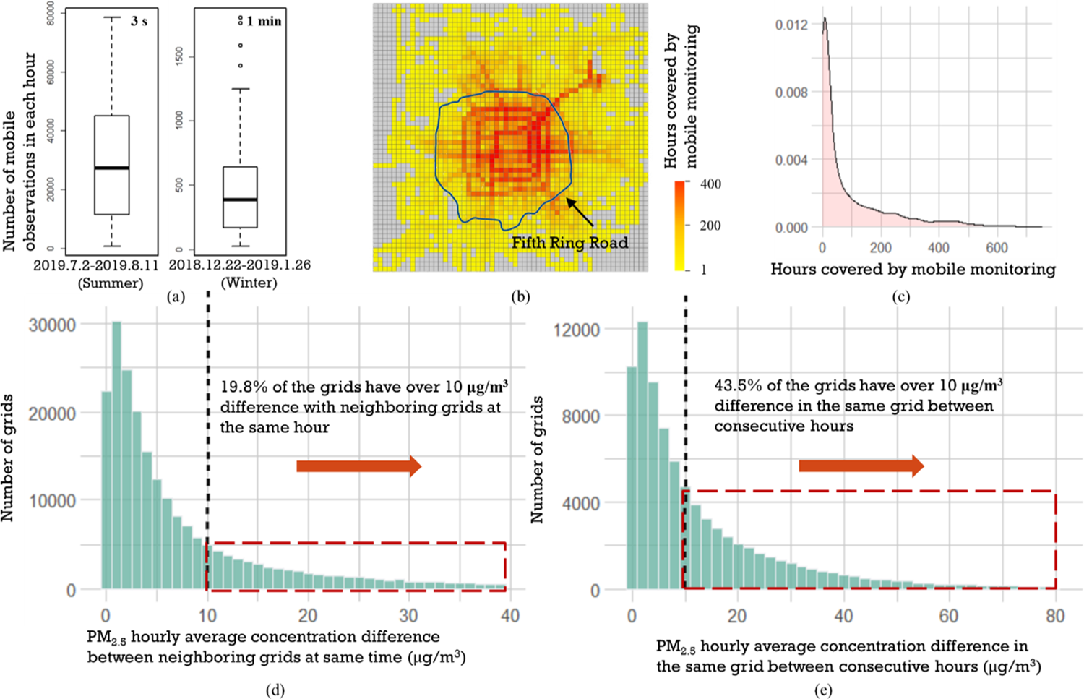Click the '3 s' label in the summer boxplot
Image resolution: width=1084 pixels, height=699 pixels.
point(139,21)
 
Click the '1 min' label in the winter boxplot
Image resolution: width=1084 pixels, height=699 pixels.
point(264,21)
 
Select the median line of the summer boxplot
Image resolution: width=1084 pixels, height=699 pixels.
point(112,168)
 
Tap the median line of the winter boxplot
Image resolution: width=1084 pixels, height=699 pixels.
point(240,200)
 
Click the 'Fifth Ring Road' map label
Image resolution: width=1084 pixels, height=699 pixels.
point(570,243)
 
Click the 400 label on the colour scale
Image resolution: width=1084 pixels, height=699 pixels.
point(710,184)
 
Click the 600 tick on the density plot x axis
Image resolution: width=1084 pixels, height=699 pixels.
point(997,248)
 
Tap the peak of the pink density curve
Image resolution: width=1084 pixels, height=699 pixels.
point(825,18)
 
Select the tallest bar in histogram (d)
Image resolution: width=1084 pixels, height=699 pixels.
point(116,455)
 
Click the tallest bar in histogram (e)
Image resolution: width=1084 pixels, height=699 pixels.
point(642,455)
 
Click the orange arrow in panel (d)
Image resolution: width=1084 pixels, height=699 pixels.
point(359,466)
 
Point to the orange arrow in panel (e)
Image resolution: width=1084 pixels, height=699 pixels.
point(861,466)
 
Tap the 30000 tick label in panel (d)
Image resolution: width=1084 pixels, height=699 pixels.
point(52,325)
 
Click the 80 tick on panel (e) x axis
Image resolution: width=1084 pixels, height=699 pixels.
point(1055,616)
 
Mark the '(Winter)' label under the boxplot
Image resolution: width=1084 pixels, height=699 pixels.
point(249,283)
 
